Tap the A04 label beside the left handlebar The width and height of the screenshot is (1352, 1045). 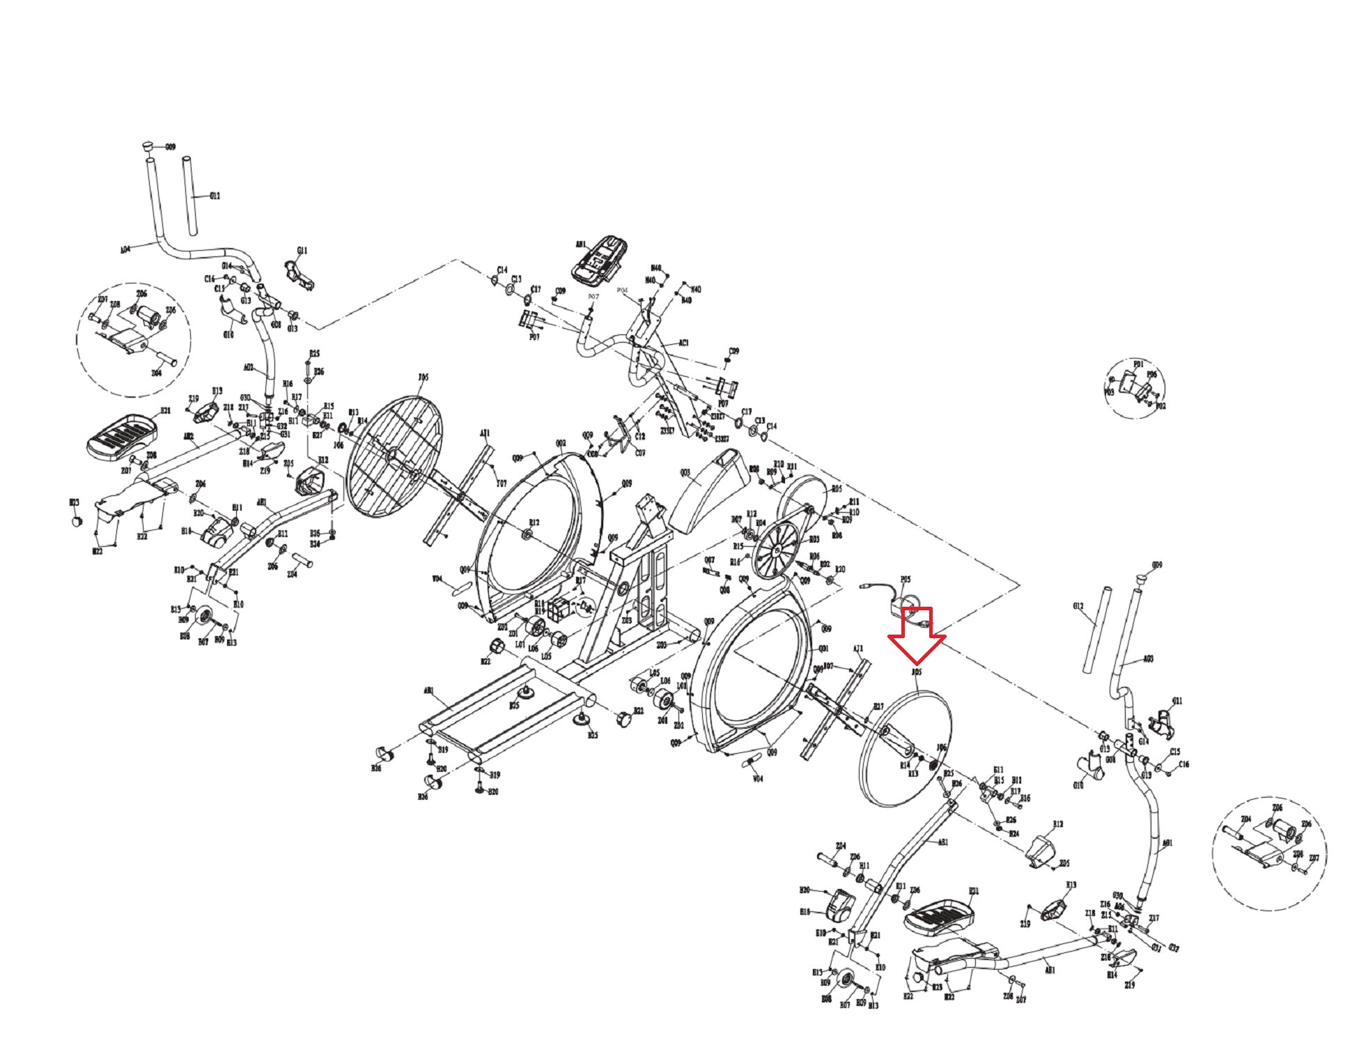click(x=125, y=249)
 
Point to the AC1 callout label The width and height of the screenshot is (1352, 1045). click(x=683, y=343)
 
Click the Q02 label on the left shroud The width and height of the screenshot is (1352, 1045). click(x=561, y=443)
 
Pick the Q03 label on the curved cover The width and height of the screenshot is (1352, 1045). click(x=685, y=472)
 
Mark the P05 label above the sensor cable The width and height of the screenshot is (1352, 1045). click(x=906, y=579)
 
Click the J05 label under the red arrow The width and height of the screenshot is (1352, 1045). click(x=917, y=672)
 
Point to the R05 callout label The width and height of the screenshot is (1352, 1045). click(x=836, y=489)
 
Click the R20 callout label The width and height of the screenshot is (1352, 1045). click(x=840, y=569)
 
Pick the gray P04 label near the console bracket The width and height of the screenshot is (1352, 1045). click(x=622, y=290)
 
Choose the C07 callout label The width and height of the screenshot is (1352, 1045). click(x=640, y=453)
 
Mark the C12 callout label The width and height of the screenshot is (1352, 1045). click(x=640, y=436)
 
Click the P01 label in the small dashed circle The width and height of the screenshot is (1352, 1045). click(x=1138, y=364)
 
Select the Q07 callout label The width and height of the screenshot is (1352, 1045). click(x=709, y=560)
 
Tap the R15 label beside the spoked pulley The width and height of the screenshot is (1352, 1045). click(x=738, y=547)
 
